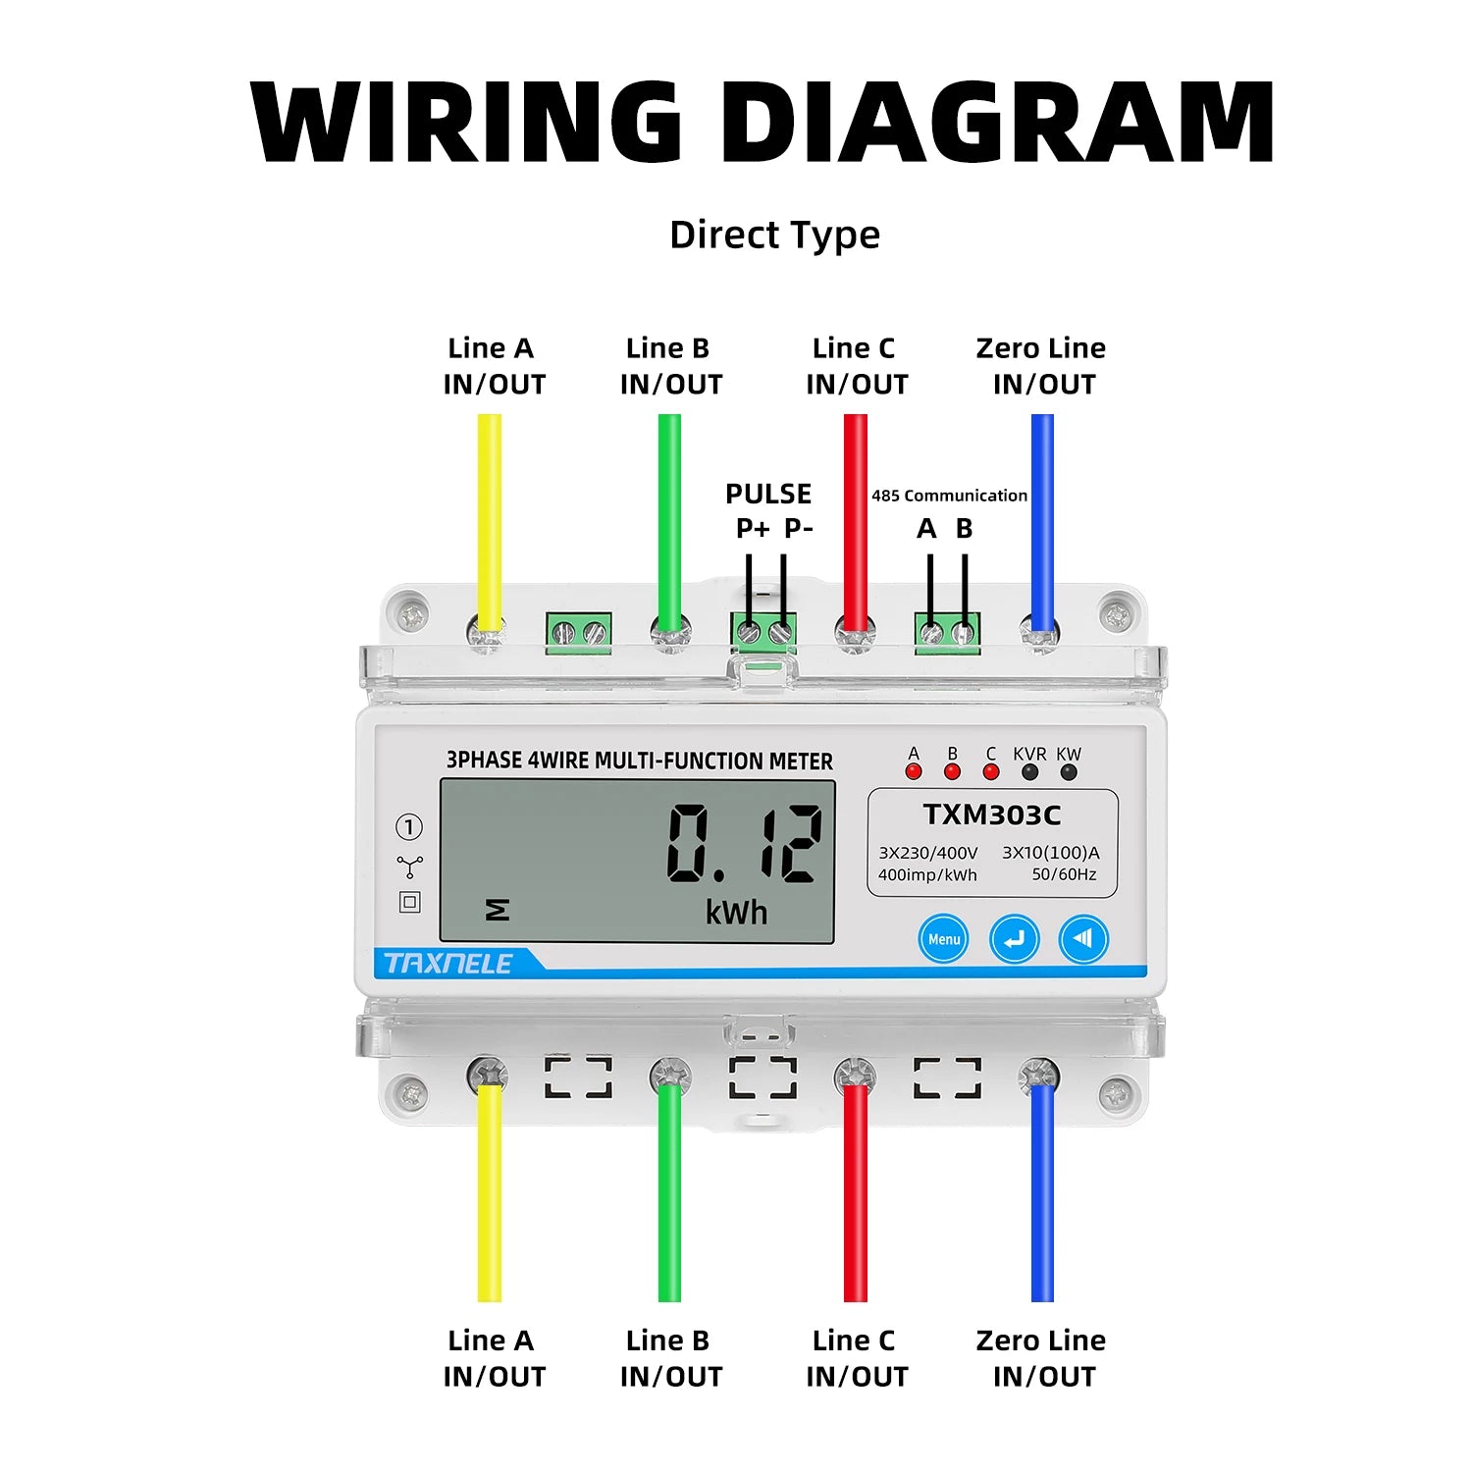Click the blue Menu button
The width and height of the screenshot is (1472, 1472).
tap(943, 939)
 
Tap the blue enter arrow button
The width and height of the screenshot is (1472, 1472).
tap(1014, 939)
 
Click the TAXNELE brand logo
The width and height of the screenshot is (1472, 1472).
tap(448, 964)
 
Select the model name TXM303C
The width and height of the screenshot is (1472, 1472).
tap(992, 815)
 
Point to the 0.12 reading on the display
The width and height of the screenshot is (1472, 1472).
tap(744, 843)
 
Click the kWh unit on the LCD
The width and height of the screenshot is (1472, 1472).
tap(736, 914)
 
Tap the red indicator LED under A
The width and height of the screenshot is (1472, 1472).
tap(914, 771)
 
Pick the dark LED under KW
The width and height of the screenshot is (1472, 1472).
tap(1069, 771)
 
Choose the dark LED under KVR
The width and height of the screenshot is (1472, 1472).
tap(1029, 771)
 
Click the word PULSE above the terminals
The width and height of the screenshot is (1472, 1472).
tap(768, 494)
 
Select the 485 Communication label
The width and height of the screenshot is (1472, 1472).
tap(949, 496)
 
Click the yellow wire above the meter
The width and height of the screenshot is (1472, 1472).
tap(489, 510)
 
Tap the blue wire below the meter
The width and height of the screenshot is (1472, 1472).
tap(1042, 1197)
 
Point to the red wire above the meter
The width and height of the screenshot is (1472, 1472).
tap(856, 510)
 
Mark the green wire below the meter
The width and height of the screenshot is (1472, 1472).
tap(669, 1197)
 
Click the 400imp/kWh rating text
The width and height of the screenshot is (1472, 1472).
tap(927, 874)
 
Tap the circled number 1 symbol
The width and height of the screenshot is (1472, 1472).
tap(409, 827)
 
